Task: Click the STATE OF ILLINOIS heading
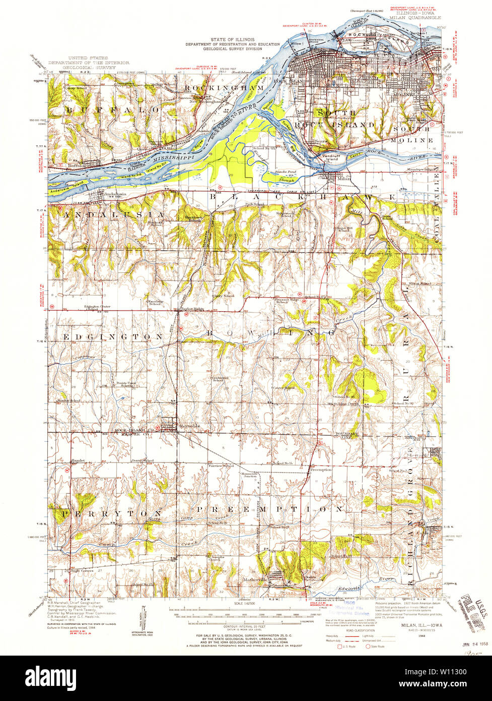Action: pos(232,39)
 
